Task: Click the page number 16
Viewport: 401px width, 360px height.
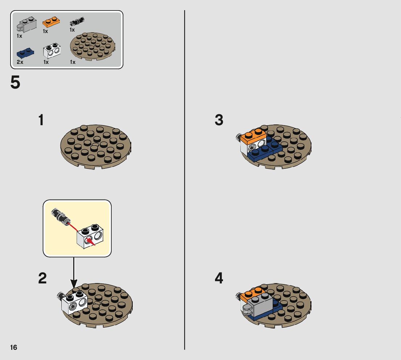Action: pyautogui.click(x=13, y=347)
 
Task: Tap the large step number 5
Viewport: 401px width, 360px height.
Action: pyautogui.click(x=15, y=82)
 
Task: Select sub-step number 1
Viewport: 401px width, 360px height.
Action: pyautogui.click(x=41, y=120)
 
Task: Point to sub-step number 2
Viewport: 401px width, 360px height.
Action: pyautogui.click(x=42, y=278)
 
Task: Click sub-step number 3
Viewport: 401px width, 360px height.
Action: pyautogui.click(x=219, y=120)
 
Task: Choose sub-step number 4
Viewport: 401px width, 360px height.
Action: pyautogui.click(x=219, y=278)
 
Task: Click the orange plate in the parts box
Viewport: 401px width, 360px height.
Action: pyautogui.click(x=51, y=22)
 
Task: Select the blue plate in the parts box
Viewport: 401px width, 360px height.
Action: pyautogui.click(x=25, y=53)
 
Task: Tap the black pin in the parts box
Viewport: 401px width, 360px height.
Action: pyautogui.click(x=77, y=21)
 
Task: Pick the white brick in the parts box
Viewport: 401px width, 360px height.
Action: pyautogui.click(x=52, y=50)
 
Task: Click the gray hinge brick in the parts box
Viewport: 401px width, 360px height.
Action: pyautogui.click(x=26, y=25)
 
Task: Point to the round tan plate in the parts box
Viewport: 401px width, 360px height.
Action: pyautogui.click(x=92, y=46)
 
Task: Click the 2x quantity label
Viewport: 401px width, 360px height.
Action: pyautogui.click(x=20, y=62)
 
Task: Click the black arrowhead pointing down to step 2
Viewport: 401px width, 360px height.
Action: pyautogui.click(x=74, y=284)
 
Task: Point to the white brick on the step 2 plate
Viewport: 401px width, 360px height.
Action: pyautogui.click(x=74, y=303)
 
